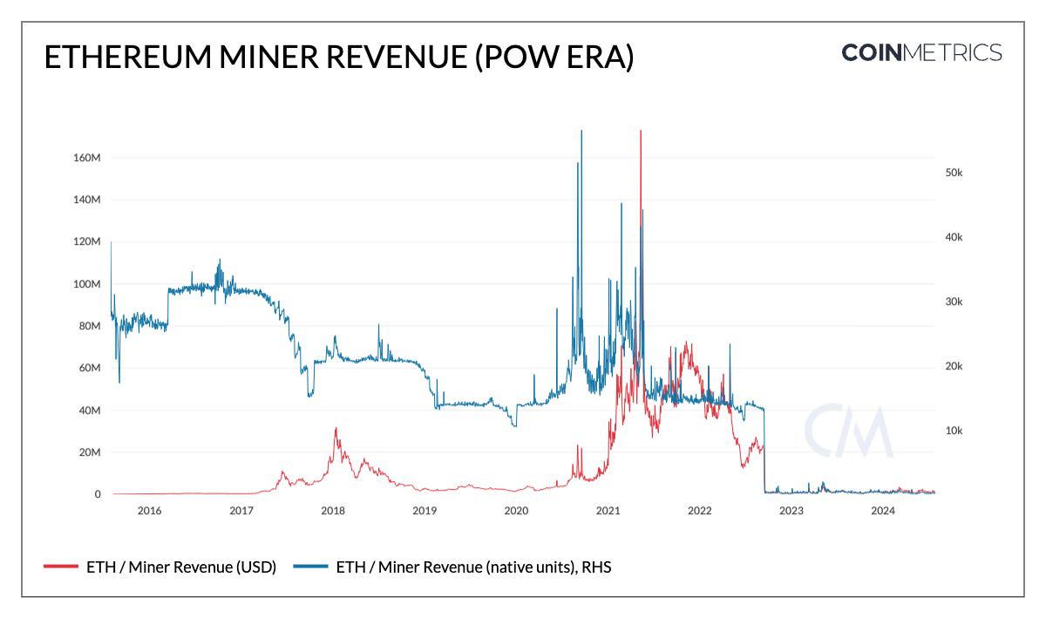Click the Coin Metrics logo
click(x=921, y=52)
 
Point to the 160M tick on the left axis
click(x=86, y=158)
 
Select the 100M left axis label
click(x=86, y=284)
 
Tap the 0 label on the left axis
click(x=98, y=494)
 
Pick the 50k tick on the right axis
click(x=954, y=173)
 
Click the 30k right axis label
click(x=954, y=302)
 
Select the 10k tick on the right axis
click(x=954, y=431)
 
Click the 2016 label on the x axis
click(x=149, y=511)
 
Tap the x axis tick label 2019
click(x=425, y=511)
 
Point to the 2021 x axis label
click(x=608, y=511)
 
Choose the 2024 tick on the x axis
click(x=883, y=511)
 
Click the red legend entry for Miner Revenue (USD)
click(x=160, y=567)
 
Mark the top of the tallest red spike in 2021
click(x=641, y=132)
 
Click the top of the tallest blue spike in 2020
click(x=581, y=132)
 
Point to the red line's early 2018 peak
click(x=336, y=429)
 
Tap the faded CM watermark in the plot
click(x=848, y=431)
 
